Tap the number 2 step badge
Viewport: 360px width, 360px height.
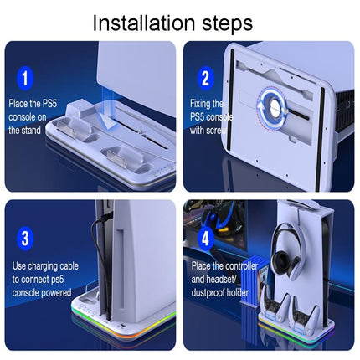[203, 80]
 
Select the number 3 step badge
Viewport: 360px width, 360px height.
[28, 238]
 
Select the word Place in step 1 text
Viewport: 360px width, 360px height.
[22, 103]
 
